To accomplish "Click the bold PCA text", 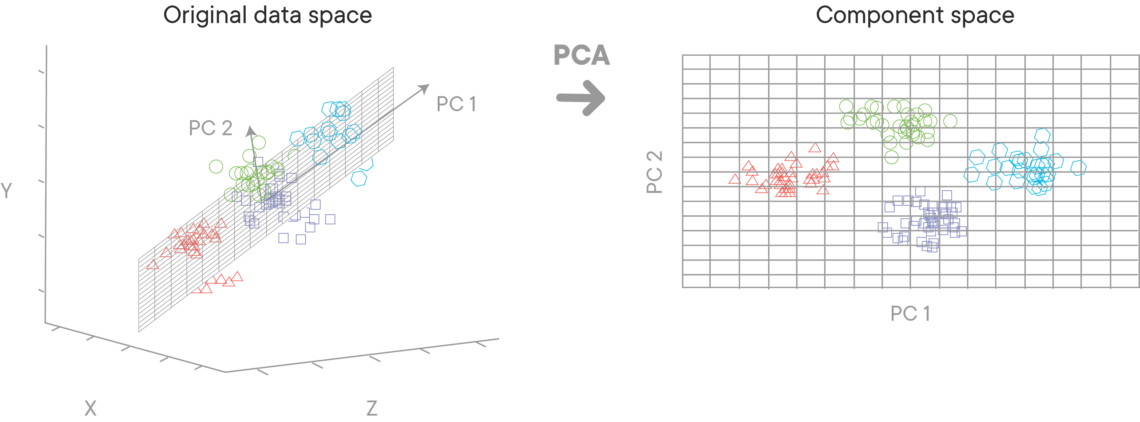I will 582,55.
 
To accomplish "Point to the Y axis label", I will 6,191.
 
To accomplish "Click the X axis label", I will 90,408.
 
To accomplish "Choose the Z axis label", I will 372,408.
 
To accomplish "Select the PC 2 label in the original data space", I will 210,128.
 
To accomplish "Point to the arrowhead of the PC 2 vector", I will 251,130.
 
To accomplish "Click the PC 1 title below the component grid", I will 910,314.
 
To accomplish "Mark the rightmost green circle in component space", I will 950,121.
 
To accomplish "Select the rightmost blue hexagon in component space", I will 1078,168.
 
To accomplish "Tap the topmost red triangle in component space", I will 815,148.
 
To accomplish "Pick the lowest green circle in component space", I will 891,157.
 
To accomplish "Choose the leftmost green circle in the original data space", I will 216,167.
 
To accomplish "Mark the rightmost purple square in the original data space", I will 330,219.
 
